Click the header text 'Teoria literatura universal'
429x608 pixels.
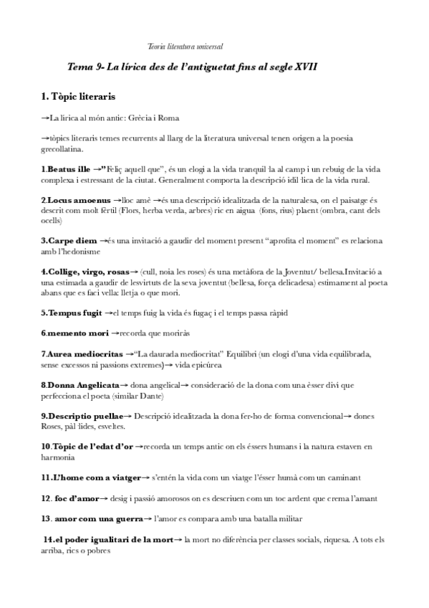point(185,47)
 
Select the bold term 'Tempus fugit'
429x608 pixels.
point(71,313)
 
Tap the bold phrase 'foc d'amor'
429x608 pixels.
point(70,498)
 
